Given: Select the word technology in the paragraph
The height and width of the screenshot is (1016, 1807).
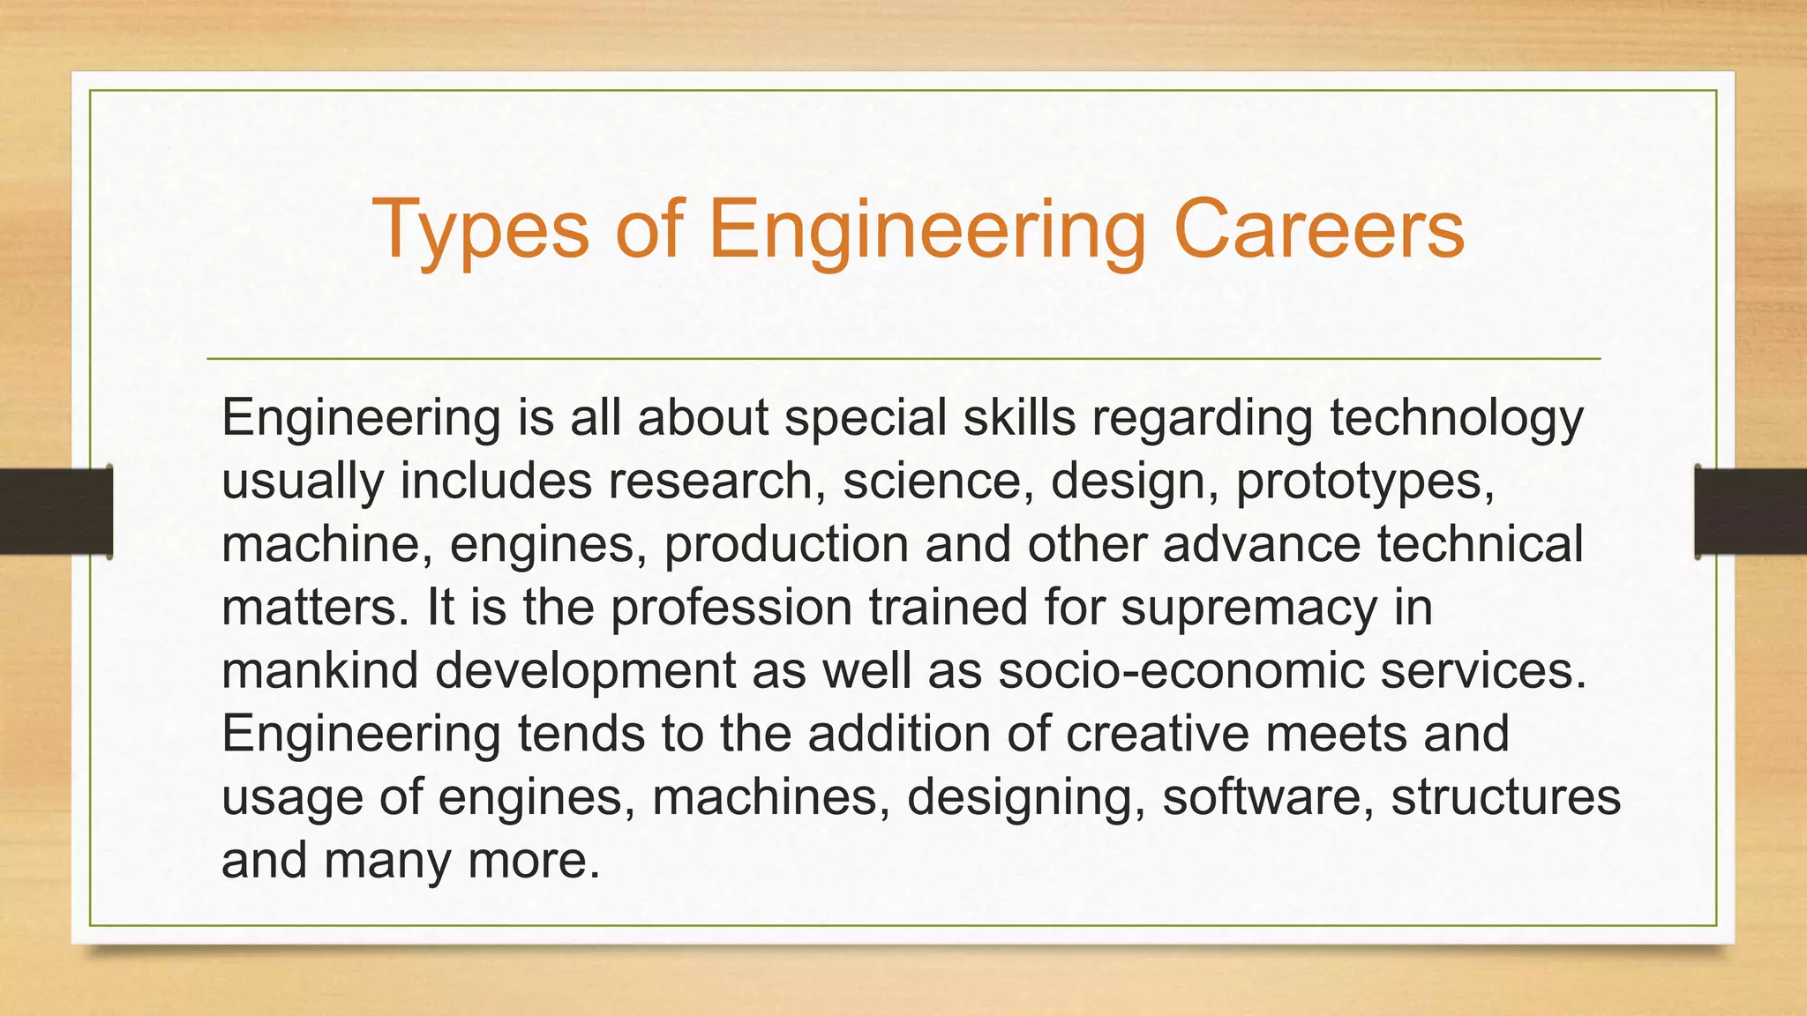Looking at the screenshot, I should pos(1457,418).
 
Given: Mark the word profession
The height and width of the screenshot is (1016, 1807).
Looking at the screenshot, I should pos(731,609).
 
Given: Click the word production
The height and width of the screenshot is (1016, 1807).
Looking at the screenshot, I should pos(786,545).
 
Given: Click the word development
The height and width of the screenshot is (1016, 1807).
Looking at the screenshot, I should pos(585,672).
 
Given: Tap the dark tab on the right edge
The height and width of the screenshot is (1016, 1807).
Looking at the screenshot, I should pos(1751,512).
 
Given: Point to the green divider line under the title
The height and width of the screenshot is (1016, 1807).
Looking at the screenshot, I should pos(903,359).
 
